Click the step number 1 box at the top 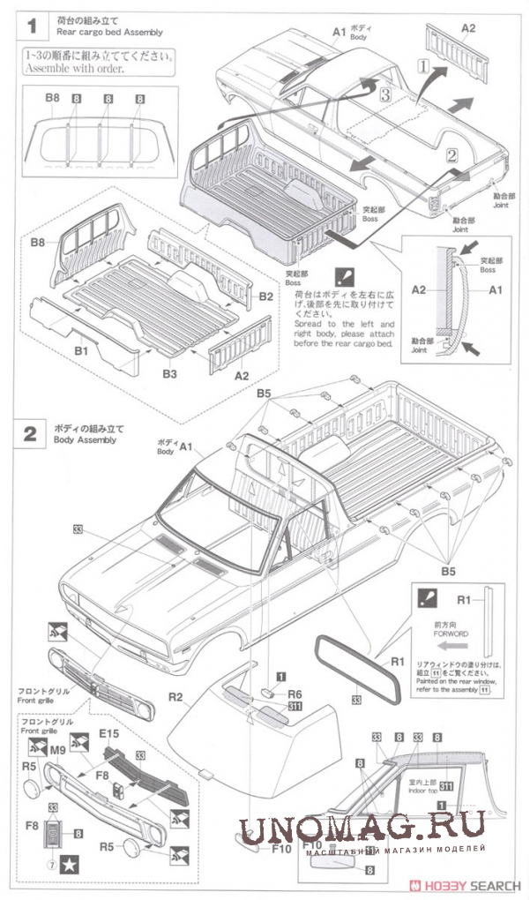click(x=31, y=26)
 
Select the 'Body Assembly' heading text click(x=86, y=439)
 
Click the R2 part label click(x=175, y=697)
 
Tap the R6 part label click(x=295, y=694)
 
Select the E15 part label click(x=109, y=733)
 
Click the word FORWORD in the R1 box click(x=451, y=634)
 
